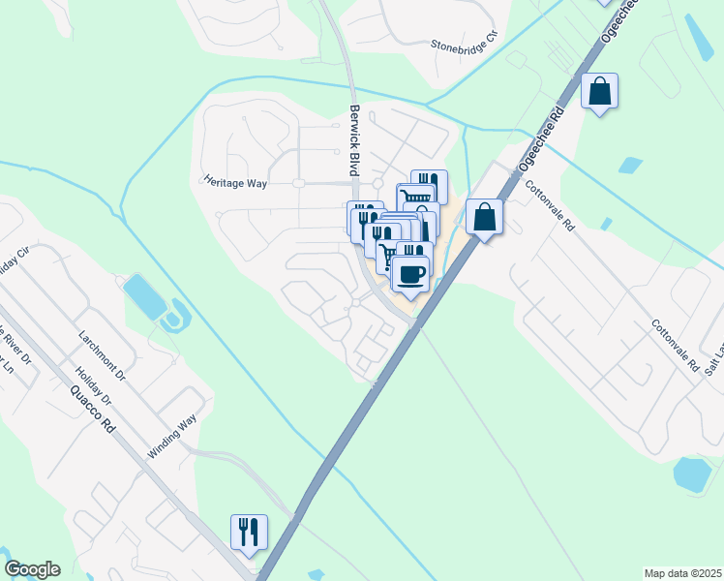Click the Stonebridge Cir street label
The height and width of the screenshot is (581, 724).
point(469,45)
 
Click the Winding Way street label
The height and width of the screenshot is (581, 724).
point(172,437)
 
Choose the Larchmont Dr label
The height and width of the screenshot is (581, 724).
point(103,353)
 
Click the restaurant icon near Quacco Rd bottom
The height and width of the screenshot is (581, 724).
point(249,532)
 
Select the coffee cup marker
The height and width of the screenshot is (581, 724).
point(410,273)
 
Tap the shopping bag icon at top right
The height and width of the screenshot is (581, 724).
point(600,91)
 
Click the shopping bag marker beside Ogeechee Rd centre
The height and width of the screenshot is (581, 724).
point(484,217)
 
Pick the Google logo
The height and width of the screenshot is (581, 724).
point(32,569)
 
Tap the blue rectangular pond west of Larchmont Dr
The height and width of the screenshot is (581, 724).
point(143,295)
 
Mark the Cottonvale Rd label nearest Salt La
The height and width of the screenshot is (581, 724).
point(675,347)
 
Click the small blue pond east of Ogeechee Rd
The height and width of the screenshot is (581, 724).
point(630,165)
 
